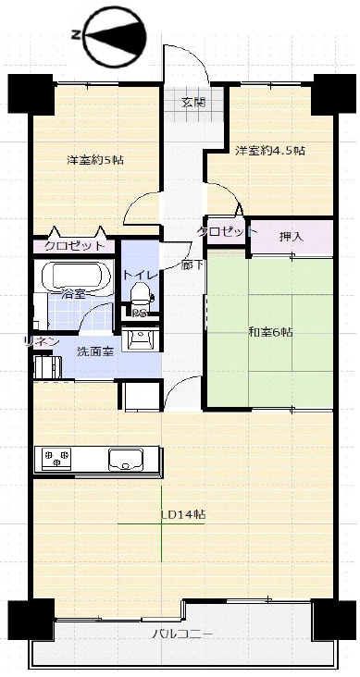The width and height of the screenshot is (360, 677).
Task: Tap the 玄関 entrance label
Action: (193, 103)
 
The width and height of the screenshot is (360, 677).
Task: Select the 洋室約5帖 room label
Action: (95, 160)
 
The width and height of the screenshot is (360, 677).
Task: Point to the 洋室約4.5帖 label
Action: (270, 151)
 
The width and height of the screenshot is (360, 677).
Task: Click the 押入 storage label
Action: (291, 236)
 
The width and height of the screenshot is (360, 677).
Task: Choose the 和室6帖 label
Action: (270, 332)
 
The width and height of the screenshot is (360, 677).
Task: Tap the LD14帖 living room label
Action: (183, 514)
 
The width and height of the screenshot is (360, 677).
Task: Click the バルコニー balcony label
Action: (182, 634)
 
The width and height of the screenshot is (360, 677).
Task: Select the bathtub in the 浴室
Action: (77, 276)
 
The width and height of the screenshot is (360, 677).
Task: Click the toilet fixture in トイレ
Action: (140, 294)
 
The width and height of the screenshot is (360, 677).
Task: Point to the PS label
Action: (139, 314)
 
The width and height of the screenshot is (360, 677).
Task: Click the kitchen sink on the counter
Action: (126, 460)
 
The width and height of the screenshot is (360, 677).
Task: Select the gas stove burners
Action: (56, 458)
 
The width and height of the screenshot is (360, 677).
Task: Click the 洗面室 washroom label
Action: (95, 351)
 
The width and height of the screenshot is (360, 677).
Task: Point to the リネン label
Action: (42, 341)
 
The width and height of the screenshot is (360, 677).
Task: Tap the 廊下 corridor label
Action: (192, 265)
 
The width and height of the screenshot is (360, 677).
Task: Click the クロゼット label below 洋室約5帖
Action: (74, 246)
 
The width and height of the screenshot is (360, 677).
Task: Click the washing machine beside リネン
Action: (47, 366)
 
